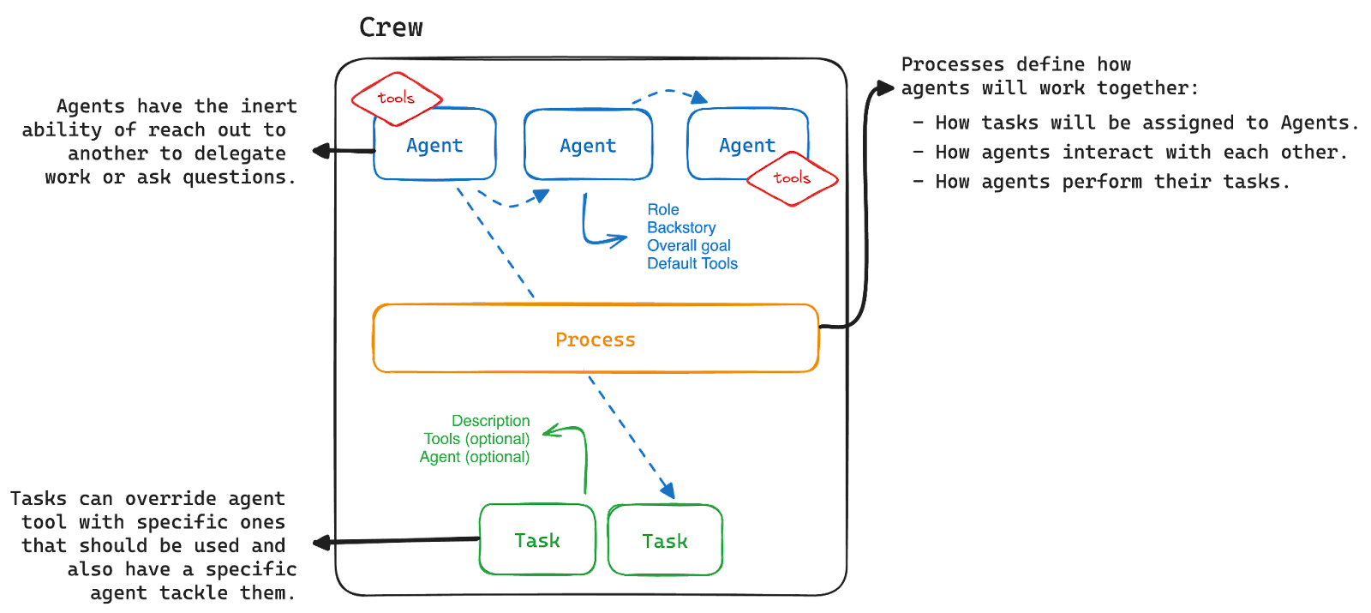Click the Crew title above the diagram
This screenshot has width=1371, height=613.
click(391, 27)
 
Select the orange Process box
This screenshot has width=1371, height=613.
click(596, 339)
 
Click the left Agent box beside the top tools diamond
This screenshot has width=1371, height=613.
click(434, 146)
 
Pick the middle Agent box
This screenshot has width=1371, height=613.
click(588, 146)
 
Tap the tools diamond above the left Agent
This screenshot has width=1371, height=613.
click(396, 98)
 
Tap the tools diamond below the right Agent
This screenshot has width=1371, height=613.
click(792, 178)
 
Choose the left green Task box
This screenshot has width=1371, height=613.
click(537, 540)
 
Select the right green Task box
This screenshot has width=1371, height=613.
click(665, 541)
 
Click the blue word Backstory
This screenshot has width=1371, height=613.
click(681, 227)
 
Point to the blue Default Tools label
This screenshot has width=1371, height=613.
click(692, 264)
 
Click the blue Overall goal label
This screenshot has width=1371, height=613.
click(689, 246)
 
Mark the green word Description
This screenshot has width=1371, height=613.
click(490, 421)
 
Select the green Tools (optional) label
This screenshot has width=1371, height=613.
click(476, 439)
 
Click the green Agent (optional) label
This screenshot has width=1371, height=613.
click(475, 458)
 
